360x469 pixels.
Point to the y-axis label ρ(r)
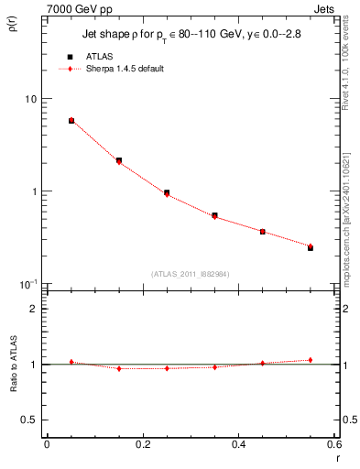coord(13,25)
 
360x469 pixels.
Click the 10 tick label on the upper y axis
coord(31,99)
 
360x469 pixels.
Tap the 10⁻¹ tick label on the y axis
coord(29,283)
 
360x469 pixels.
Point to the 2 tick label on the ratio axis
coord(34,309)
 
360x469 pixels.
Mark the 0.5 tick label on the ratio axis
coord(30,420)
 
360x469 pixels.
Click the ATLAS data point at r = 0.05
coord(71,121)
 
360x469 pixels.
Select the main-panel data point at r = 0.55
coord(311,247)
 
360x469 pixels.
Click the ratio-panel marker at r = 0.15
coord(119,368)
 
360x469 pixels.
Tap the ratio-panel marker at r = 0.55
coord(311,360)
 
